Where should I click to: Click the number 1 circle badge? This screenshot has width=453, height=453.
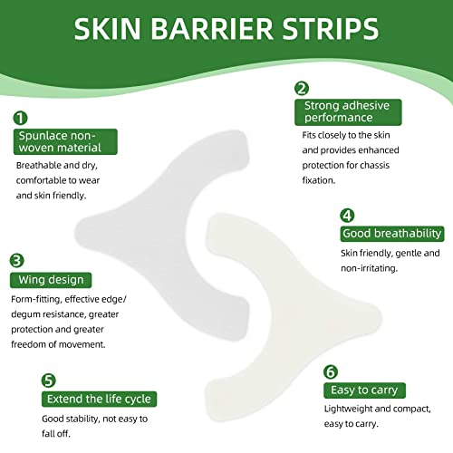click(20, 118)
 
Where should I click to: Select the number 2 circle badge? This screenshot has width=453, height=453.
click(302, 88)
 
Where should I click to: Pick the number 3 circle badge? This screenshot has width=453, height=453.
click(17, 259)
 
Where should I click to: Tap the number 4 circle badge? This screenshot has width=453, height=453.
click(347, 215)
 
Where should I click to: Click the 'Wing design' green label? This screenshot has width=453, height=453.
click(48, 280)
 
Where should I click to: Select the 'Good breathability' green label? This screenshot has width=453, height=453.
click(391, 234)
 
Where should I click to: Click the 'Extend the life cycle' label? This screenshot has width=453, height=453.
click(97, 399)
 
